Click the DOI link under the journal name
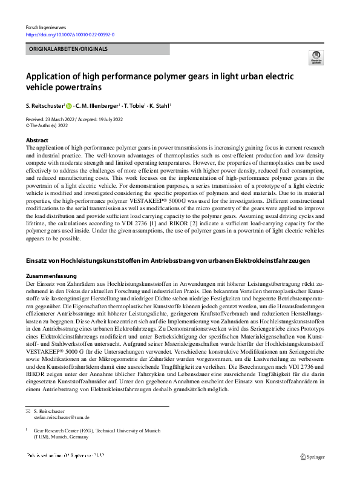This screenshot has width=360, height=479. [x=70, y=36]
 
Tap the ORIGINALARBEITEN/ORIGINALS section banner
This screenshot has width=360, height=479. [x=68, y=49]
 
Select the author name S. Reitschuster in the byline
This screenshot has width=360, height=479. [x=45, y=105]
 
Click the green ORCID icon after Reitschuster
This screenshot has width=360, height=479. [x=69, y=105]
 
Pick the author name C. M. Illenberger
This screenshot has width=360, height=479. [x=99, y=105]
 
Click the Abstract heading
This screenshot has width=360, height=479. [x=38, y=140]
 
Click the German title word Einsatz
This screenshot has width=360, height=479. [x=37, y=260]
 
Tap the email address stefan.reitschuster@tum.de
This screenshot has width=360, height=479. [x=62, y=417]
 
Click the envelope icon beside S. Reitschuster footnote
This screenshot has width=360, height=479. [x=27, y=411]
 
